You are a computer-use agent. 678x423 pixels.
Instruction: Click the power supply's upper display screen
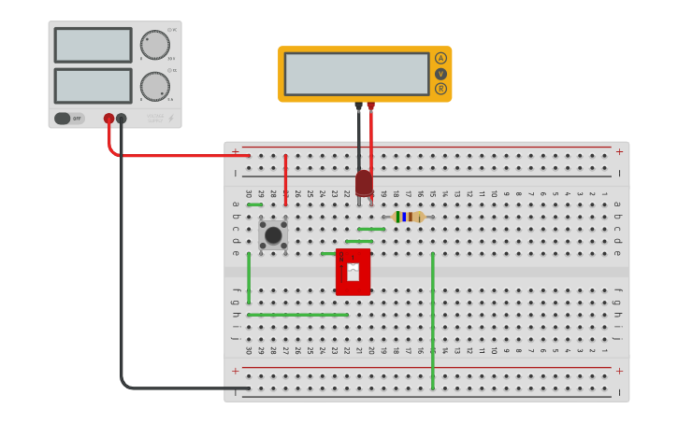93,45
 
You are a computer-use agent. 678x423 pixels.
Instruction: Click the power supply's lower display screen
93,86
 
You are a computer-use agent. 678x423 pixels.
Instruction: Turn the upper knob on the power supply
155,44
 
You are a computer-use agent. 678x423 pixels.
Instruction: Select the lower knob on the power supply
155,87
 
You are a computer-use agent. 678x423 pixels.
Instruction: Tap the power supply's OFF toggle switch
69,119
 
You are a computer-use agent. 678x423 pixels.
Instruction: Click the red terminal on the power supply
108,119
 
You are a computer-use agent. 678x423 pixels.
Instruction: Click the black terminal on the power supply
122,119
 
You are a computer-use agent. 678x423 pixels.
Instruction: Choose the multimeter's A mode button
440,58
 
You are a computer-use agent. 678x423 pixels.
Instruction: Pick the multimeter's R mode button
440,89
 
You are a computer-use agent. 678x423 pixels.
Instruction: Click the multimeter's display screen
356,74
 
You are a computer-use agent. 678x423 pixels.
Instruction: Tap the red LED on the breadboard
364,182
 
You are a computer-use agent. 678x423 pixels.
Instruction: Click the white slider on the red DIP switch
353,272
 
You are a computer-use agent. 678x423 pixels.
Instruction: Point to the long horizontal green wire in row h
298,315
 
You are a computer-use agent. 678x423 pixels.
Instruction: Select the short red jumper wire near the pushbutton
285,179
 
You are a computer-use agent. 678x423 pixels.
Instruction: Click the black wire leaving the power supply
122,280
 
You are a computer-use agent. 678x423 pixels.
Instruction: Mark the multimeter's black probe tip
358,106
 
